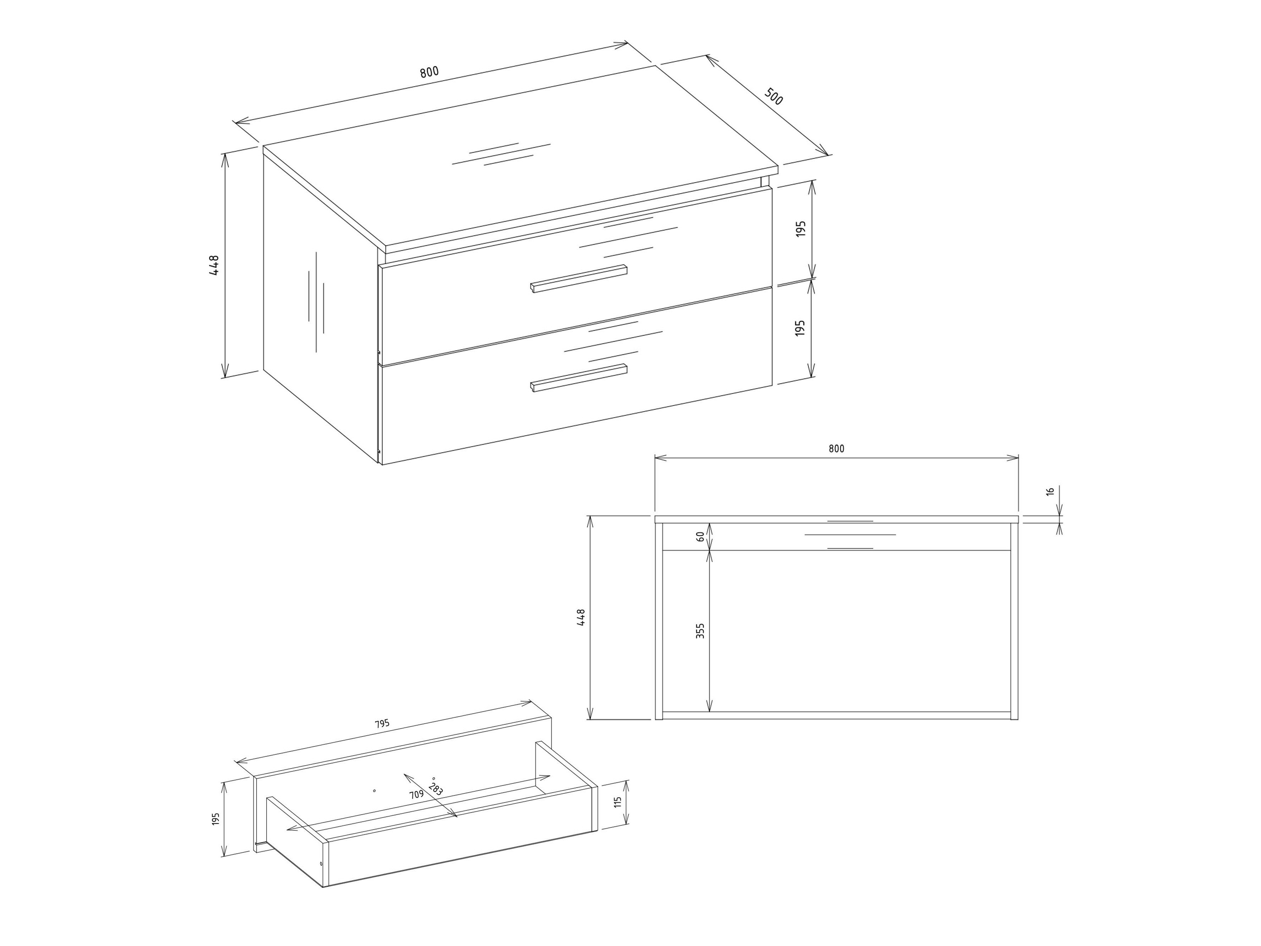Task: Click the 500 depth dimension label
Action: tap(774, 97)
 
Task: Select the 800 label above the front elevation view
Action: tap(836, 449)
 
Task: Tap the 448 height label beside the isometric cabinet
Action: tap(214, 265)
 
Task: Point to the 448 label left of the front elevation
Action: tap(581, 618)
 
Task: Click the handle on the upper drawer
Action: tap(579, 279)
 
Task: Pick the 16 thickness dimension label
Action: tap(1050, 491)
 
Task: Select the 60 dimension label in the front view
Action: tap(701, 537)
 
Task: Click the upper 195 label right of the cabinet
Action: tap(801, 229)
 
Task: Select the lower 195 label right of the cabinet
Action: tap(801, 327)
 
